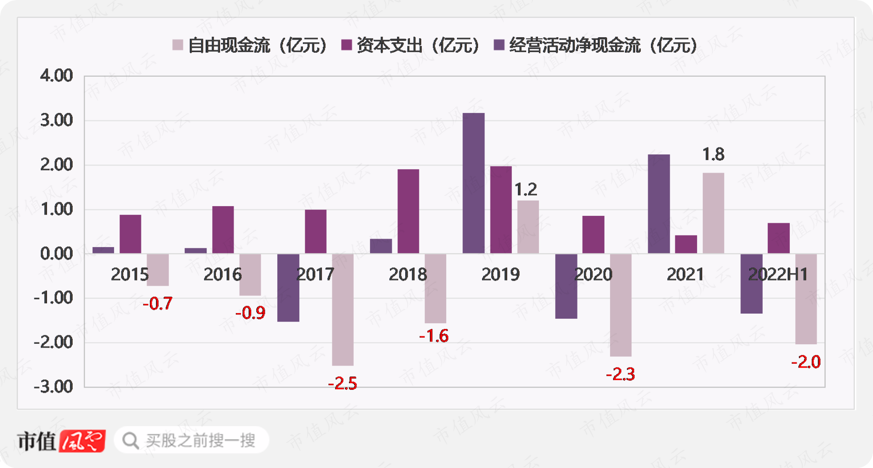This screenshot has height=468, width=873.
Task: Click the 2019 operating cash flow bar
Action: [473, 183]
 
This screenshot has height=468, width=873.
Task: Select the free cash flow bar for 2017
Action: [342, 309]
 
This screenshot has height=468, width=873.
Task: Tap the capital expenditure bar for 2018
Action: [408, 211]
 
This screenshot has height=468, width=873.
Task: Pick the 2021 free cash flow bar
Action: [713, 213]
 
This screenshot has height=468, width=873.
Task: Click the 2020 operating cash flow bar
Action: [566, 286]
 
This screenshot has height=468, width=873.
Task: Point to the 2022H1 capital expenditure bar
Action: [779, 238]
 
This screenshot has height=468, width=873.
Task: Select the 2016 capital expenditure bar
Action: [223, 230]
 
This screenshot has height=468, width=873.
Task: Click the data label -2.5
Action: [342, 384]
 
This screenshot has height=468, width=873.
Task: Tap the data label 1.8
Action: [713, 154]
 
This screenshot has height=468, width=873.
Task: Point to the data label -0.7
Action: [157, 304]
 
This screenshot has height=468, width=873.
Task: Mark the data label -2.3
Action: [620, 374]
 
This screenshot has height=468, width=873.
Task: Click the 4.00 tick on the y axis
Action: [56, 75]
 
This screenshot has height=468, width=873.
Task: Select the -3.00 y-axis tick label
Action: [54, 387]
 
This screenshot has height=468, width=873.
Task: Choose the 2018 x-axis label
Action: [408, 274]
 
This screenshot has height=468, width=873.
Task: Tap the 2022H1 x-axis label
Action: [778, 274]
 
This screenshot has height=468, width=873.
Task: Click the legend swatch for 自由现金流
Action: [177, 45]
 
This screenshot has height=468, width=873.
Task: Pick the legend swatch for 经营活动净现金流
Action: [499, 45]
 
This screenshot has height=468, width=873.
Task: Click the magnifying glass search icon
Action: [131, 441]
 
